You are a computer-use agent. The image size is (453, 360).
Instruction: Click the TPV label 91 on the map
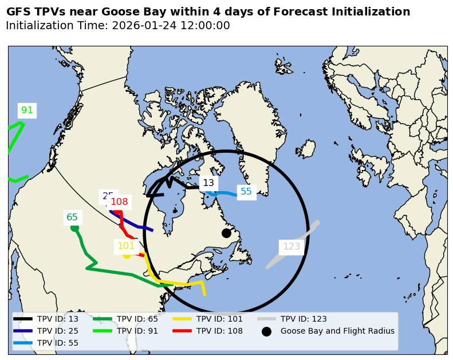(27, 110)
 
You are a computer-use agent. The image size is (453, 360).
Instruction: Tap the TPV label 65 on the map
(72, 217)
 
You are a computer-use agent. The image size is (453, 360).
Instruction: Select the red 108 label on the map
(119, 202)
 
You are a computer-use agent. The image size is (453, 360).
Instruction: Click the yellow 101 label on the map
(126, 247)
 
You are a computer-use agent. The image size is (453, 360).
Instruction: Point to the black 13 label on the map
(208, 183)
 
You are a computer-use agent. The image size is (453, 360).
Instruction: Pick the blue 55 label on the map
(246, 192)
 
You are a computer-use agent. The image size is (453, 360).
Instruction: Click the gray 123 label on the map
(292, 247)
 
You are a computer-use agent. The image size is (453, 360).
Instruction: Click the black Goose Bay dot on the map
(226, 233)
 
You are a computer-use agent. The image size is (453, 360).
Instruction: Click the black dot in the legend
(266, 331)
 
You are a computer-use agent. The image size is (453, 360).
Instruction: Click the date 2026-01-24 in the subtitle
(143, 26)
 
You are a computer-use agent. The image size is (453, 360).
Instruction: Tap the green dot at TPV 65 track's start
(74, 228)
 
